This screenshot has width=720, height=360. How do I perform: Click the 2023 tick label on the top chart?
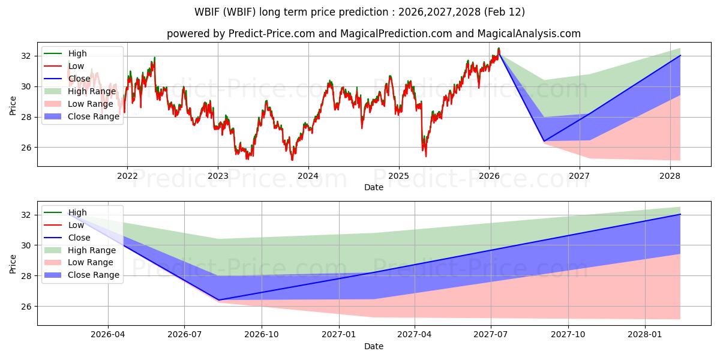point(218,176)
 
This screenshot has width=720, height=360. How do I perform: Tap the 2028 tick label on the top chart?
point(670,176)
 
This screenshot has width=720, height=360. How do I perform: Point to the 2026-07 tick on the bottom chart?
point(184,335)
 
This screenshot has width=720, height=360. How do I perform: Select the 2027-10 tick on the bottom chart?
point(568,335)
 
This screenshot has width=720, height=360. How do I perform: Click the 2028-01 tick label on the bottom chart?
point(644,335)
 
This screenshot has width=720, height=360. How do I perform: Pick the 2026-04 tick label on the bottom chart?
point(108,335)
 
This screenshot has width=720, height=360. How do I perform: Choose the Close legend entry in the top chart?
point(79,79)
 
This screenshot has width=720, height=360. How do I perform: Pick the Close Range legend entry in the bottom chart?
point(94,275)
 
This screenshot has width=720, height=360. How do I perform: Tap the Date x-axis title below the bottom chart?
point(373,346)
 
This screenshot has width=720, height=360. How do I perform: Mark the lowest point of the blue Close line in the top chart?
point(544,141)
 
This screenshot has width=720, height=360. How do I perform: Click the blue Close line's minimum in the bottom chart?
point(218,300)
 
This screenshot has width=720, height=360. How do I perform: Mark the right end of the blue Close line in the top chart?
point(680,55)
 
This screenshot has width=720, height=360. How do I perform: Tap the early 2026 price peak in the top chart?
point(499,49)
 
